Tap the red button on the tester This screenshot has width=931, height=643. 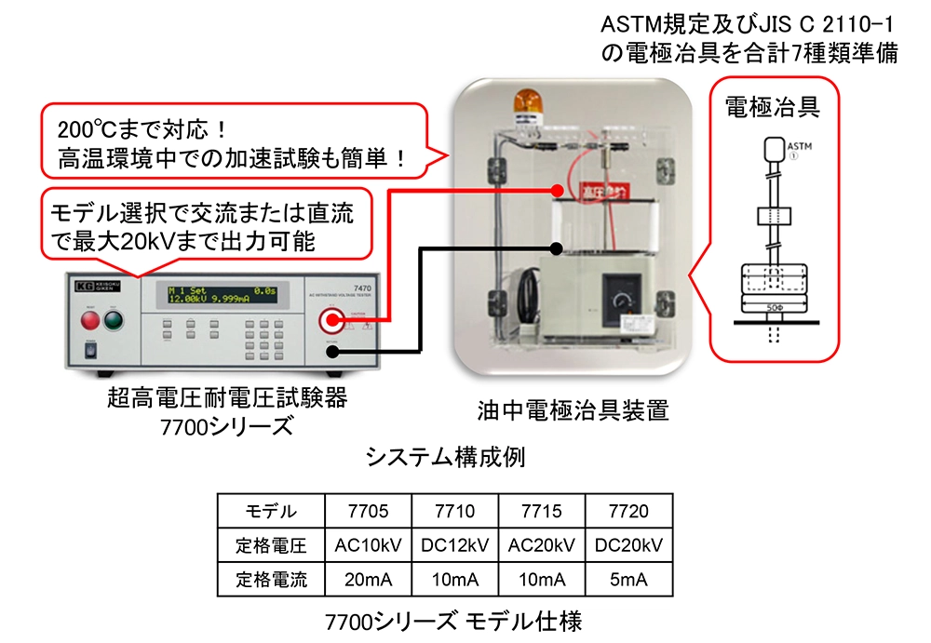pyautogui.click(x=90, y=321)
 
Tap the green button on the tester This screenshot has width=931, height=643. pyautogui.click(x=114, y=321)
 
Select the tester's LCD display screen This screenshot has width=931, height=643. pyautogui.click(x=221, y=297)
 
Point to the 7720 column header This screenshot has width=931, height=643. pyautogui.click(x=627, y=511)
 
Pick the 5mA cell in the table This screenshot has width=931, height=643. pyautogui.click(x=627, y=580)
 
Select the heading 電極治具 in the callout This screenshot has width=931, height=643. pyautogui.click(x=772, y=106)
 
